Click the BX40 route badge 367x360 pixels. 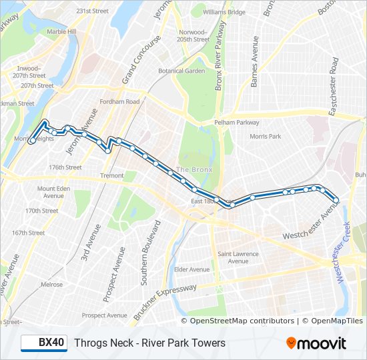point(44,343)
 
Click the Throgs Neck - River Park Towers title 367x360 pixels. point(149,343)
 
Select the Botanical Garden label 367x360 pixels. point(181,71)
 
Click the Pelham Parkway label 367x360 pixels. point(236,123)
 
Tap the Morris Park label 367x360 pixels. point(265,136)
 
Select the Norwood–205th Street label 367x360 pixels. point(194,35)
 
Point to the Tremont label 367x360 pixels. point(112,175)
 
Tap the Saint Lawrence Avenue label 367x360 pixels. point(238,257)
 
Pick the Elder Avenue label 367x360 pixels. point(192,269)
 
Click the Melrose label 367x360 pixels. point(51,284)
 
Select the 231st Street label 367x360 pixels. point(92,11)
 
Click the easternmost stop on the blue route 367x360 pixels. point(336,199)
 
